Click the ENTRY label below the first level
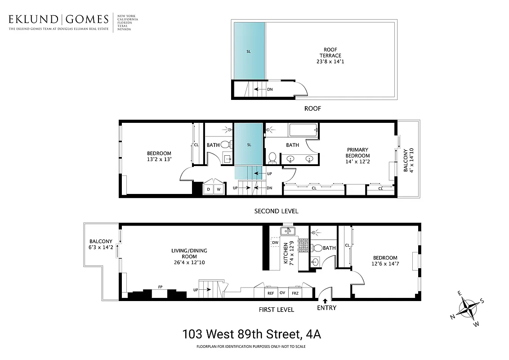tap(326, 308)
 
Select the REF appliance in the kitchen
tap(271, 293)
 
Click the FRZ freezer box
tap(295, 293)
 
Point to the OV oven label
tap(283, 293)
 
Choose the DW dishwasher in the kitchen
tap(275, 243)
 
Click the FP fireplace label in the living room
tap(160, 287)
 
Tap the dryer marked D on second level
tap(208, 189)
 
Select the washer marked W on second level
tap(219, 189)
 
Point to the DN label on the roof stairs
tap(270, 89)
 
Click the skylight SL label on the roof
tap(249, 51)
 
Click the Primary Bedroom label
tap(357, 153)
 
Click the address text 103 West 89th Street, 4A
tap(252, 334)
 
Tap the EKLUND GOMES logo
tap(58, 19)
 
